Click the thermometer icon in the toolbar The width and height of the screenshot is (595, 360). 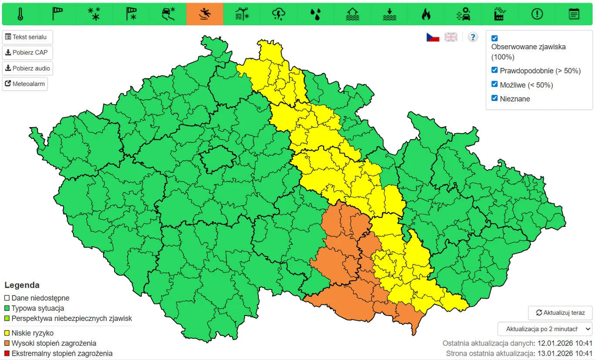pyautogui.click(x=20, y=14)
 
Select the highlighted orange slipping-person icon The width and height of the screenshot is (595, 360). pyautogui.click(x=205, y=14)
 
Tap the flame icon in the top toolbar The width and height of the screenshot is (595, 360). pyautogui.click(x=426, y=14)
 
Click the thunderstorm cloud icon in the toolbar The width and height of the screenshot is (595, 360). pyautogui.click(x=279, y=14)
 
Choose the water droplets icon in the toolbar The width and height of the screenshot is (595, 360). pyautogui.click(x=315, y=14)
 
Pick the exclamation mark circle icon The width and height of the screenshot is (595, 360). pyautogui.click(x=537, y=14)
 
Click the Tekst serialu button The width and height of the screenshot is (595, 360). pyautogui.click(x=27, y=37)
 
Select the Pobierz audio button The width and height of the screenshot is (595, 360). pyautogui.click(x=27, y=68)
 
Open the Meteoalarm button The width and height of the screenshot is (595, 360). pyautogui.click(x=25, y=84)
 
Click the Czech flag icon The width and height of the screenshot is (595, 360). pyautogui.click(x=433, y=37)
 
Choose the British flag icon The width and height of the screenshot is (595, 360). pyautogui.click(x=451, y=37)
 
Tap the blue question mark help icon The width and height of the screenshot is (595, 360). pyautogui.click(x=473, y=37)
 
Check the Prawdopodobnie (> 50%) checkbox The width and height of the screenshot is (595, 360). pyautogui.click(x=494, y=70)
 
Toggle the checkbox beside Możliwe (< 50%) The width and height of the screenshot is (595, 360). pyautogui.click(x=494, y=84)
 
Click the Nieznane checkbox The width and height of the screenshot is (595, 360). pyautogui.click(x=494, y=98)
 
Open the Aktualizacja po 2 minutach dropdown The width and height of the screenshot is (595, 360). pyautogui.click(x=545, y=328)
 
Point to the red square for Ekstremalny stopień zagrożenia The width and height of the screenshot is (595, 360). pyautogui.click(x=7, y=353)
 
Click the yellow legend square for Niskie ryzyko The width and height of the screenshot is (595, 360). pyautogui.click(x=7, y=333)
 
